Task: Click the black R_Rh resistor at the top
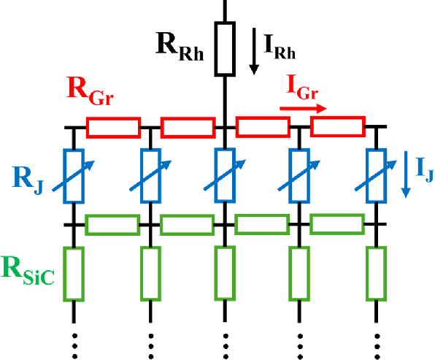224,50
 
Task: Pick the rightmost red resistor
337,127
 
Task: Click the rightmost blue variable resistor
377,175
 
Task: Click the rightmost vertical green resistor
377,273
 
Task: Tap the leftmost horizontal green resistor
112,225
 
